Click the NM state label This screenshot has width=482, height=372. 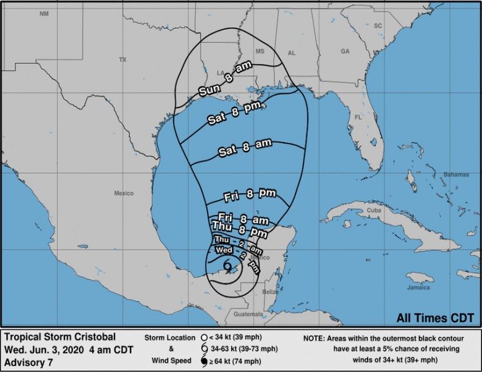(x=43, y=13)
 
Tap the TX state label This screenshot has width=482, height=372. (x=122, y=60)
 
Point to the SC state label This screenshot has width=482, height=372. (x=378, y=25)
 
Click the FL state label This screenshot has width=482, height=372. (x=358, y=116)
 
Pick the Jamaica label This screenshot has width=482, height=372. (x=418, y=287)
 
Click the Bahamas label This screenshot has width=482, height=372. (x=458, y=175)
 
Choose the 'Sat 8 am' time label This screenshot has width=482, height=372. (x=245, y=148)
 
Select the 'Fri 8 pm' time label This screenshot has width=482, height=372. (x=250, y=195)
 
